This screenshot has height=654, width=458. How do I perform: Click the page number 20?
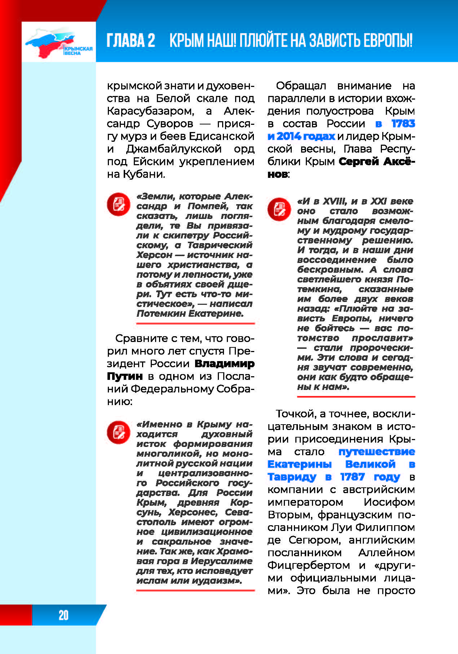(63, 615)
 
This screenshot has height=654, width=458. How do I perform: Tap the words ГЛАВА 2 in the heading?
(131, 40)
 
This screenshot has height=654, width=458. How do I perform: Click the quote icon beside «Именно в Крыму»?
(118, 432)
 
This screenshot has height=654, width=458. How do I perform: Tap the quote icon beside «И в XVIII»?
(279, 209)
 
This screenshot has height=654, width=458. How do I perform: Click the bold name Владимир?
(224, 364)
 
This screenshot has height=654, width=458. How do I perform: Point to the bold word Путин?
(125, 376)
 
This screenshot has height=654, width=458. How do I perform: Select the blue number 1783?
(403, 124)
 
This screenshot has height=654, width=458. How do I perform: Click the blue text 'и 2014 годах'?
(301, 136)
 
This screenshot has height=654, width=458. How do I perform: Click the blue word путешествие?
(376, 452)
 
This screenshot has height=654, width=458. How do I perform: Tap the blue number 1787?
(352, 477)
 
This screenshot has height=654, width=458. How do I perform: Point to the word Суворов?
(170, 124)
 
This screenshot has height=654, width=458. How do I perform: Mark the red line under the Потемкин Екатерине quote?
(195, 324)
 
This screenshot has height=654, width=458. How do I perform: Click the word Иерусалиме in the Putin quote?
(221, 561)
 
